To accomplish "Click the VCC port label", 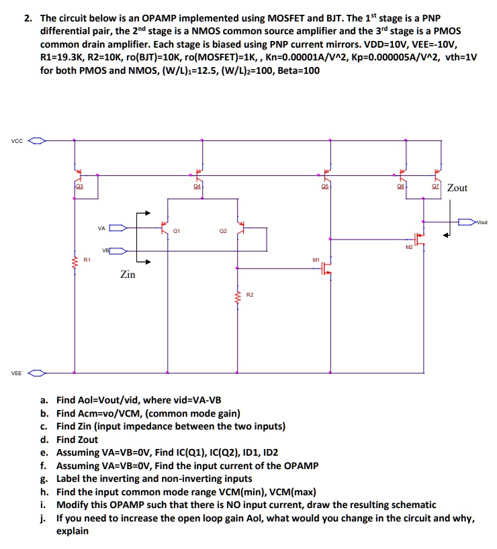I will pyautogui.click(x=16, y=141).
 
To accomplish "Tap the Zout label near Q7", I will pyautogui.click(x=457, y=188).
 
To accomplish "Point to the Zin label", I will pyautogui.click(x=128, y=274).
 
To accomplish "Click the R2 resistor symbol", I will pyautogui.click(x=236, y=295).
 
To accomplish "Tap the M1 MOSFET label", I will pyautogui.click(x=316, y=259).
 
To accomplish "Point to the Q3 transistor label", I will pyautogui.click(x=79, y=188).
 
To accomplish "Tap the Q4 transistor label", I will pyautogui.click(x=197, y=188).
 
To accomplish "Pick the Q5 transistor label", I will pyautogui.click(x=326, y=188).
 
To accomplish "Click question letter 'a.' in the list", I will pyautogui.click(x=45, y=399).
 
